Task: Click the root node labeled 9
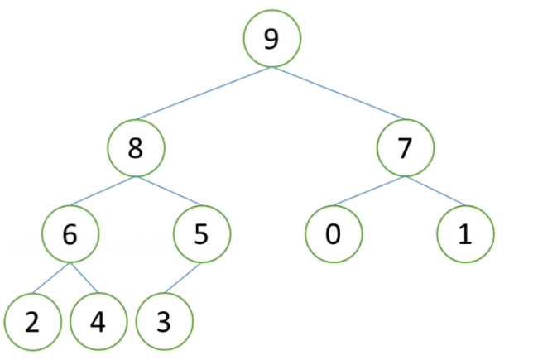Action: point(272,38)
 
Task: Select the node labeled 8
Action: point(136,148)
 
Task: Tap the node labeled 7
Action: point(406,148)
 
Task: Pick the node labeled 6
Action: point(70,234)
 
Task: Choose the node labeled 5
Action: point(202,234)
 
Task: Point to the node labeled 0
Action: point(334,234)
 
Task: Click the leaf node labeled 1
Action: point(465,234)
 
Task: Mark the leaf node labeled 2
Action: point(32,322)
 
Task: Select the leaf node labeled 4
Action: point(98,322)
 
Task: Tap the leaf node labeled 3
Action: point(165,322)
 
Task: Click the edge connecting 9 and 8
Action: point(204,94)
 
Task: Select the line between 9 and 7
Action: point(339,94)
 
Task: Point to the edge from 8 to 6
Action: point(103,191)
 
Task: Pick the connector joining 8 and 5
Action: point(169,191)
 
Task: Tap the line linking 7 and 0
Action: point(369,191)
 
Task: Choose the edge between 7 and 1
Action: point(435,191)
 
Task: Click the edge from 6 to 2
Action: point(51,278)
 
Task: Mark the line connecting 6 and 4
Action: point(84,278)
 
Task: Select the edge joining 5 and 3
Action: point(183,278)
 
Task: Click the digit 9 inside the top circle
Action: point(271,39)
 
